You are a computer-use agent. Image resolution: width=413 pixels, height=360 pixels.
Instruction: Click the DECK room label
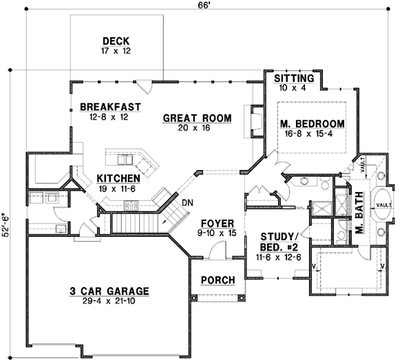click(116, 40)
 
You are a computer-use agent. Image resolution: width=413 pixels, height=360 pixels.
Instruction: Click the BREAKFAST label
click(110, 107)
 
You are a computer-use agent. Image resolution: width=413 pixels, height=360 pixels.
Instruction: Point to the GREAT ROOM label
click(197, 118)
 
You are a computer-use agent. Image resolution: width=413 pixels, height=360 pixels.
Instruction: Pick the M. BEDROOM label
click(312, 124)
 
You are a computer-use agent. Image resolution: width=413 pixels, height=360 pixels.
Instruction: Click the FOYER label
click(217, 224)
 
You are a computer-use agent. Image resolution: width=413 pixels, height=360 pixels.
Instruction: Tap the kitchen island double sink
click(125, 160)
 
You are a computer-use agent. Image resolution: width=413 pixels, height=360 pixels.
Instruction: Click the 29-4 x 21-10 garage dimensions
click(110, 301)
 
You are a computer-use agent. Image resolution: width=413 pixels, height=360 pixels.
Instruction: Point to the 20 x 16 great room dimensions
click(197, 129)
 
